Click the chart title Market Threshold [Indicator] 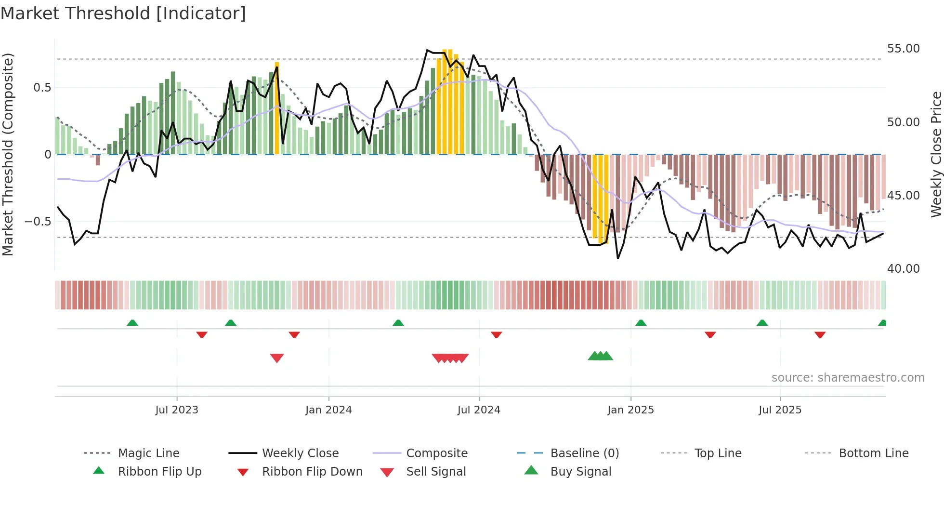[123, 13]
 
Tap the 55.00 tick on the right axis [903, 49]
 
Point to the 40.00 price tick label [903, 269]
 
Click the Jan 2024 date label [328, 410]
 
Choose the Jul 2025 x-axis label [780, 410]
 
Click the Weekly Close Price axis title [936, 154]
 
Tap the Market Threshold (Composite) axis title [8, 154]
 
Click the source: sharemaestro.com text [848, 378]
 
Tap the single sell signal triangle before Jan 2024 [277, 358]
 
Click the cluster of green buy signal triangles [600, 356]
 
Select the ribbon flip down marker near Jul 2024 [497, 334]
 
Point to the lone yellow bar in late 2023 [277, 108]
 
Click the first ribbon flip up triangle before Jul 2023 [132, 322]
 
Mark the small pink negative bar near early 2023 [92, 156]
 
